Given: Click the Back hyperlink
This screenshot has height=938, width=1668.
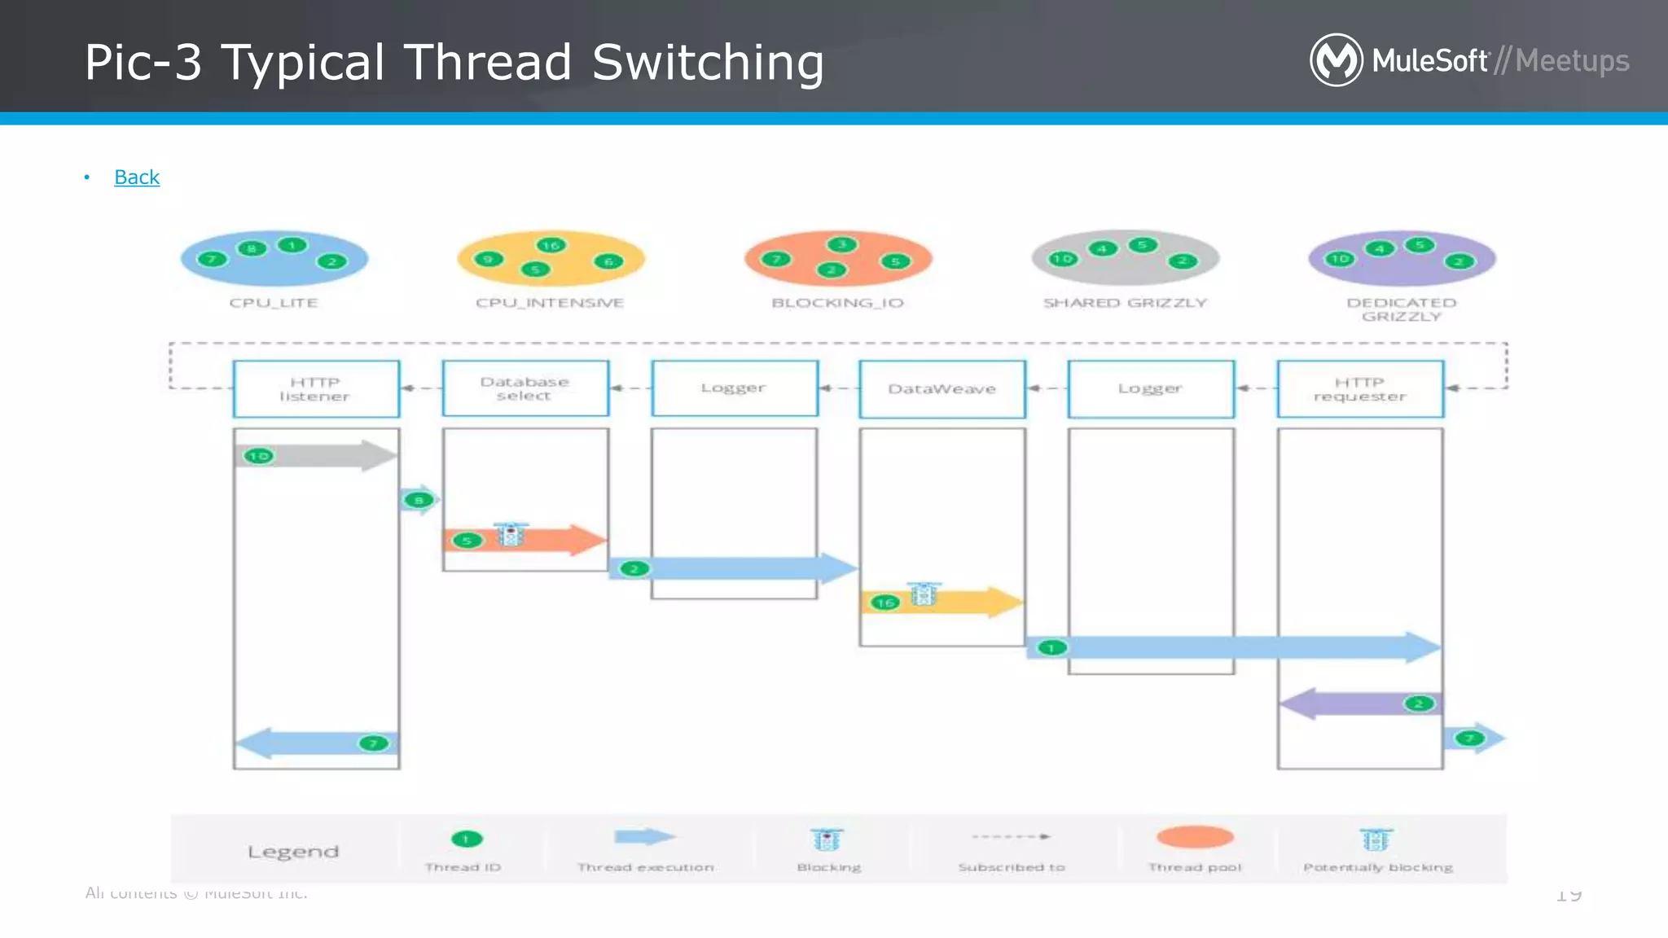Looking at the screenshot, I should [137, 177].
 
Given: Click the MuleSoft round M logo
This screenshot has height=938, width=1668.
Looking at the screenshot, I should [1336, 60].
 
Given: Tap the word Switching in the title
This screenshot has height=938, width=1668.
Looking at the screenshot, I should [707, 64].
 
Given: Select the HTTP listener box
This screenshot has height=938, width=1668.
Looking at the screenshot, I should [316, 389].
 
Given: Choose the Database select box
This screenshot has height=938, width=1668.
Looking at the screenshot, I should [525, 388].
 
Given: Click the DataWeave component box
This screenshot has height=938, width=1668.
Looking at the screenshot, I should [942, 389].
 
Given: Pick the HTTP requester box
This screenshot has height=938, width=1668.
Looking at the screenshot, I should [1360, 389].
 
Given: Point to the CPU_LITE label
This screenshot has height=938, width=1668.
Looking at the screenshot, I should [274, 303].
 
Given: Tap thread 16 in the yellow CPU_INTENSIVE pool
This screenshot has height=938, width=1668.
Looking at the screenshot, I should [551, 245].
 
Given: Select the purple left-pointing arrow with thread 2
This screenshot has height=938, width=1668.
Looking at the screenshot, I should [1352, 703].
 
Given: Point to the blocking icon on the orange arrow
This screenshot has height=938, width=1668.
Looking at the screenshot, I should [511, 535].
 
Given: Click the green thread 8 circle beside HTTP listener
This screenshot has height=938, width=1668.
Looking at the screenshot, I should [419, 500].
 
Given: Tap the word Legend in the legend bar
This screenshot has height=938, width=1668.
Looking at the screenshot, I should [293, 852].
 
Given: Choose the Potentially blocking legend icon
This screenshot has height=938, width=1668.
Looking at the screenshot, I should [1376, 839].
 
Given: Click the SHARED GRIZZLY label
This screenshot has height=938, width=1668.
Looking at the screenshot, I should [1125, 303].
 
